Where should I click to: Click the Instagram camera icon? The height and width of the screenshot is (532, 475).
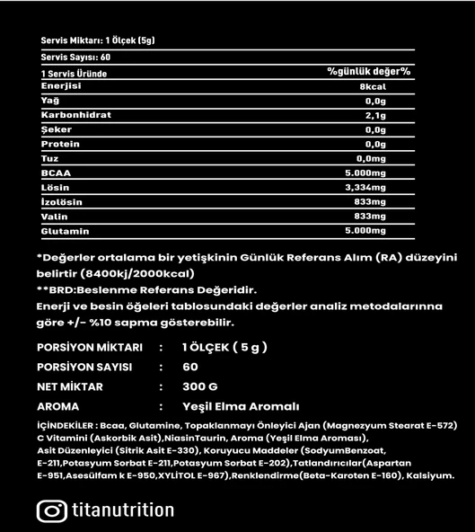52,510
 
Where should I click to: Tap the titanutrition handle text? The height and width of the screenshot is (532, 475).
121,510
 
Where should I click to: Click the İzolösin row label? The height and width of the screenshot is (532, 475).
62,201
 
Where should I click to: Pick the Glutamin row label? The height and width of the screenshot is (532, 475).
66,230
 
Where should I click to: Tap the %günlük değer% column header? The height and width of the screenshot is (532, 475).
368,71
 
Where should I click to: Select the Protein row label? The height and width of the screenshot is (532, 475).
60,144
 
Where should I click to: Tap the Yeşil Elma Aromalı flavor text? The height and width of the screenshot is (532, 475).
241,405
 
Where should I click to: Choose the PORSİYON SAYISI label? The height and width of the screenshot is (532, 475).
84,367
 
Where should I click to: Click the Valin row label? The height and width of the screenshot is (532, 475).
55,216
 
